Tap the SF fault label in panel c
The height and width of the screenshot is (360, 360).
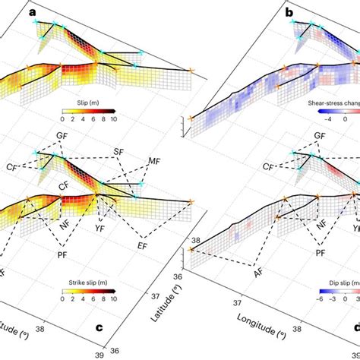coord(118,152)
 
